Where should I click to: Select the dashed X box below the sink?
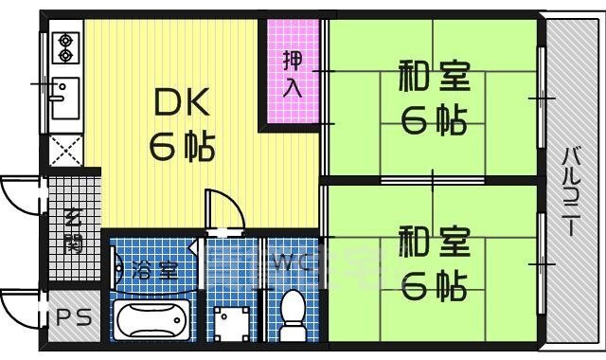[64, 149]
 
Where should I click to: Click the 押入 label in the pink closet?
[293, 73]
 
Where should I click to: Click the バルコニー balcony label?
[572, 192]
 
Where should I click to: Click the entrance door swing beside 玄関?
[22, 197]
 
